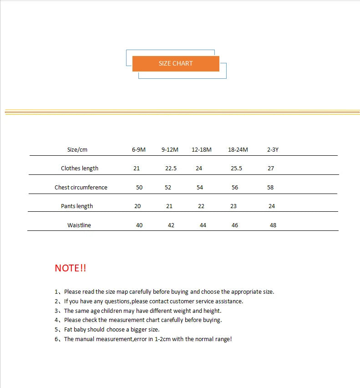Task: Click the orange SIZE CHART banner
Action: (176, 63)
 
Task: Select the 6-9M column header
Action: (139, 149)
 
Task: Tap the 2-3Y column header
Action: (273, 149)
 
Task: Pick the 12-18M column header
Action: (202, 149)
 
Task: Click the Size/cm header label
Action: (77, 149)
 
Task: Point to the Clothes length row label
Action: (80, 168)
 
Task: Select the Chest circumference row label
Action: (81, 187)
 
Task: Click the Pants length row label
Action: (77, 206)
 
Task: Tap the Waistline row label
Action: (79, 225)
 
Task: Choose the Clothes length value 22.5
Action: (171, 168)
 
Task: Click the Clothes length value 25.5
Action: (236, 168)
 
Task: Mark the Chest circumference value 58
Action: (270, 187)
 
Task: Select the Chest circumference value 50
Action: (139, 187)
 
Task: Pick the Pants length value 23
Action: (233, 206)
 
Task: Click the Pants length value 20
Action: (137, 206)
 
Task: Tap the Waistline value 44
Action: (203, 225)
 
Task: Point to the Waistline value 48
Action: (273, 225)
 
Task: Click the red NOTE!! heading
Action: (71, 268)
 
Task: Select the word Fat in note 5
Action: (69, 329)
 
